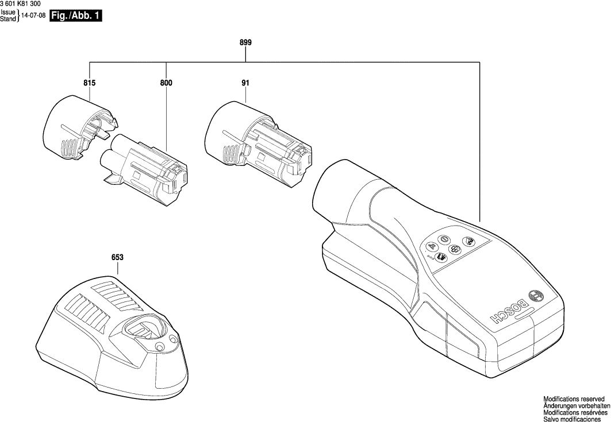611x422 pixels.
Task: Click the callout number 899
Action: [245, 43]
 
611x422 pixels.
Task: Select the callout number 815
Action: [89, 83]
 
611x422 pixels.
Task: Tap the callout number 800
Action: [166, 83]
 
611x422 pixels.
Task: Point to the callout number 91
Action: [245, 83]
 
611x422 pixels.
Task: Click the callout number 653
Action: [118, 258]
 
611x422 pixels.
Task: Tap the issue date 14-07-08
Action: [33, 16]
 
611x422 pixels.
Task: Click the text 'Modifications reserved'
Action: [574, 398]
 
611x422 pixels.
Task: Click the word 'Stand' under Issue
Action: [8, 20]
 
